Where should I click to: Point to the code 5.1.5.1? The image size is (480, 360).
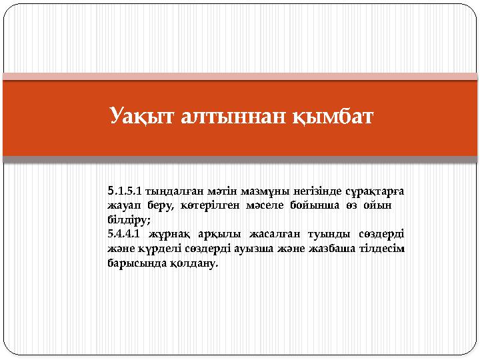click(125, 192)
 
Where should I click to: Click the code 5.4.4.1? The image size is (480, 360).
click(125, 234)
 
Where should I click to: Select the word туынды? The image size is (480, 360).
click(323, 234)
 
